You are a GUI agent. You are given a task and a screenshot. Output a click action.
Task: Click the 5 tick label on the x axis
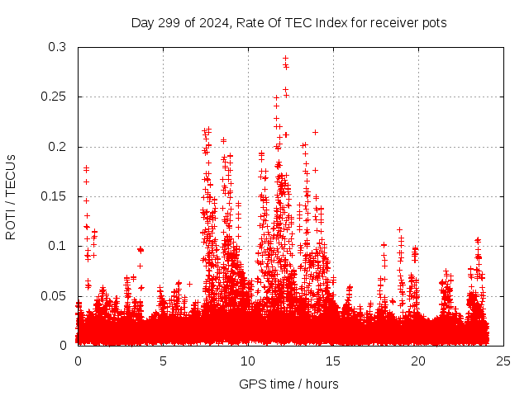[x=163, y=361]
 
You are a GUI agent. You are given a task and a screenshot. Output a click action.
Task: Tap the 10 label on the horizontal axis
[x=248, y=361]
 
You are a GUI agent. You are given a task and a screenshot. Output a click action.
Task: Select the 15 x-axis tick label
[x=333, y=361]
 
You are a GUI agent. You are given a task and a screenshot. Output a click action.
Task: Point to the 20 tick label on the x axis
[x=417, y=361]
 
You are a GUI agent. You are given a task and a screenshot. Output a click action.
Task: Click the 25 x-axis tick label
[x=503, y=361]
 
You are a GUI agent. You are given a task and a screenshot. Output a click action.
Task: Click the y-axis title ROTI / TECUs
[x=11, y=196]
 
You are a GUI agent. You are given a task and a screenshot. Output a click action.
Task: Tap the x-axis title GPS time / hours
[x=288, y=384]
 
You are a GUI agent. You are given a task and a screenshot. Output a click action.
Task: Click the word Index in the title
[x=327, y=23]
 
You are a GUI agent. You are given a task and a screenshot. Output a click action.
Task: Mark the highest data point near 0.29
[x=285, y=59]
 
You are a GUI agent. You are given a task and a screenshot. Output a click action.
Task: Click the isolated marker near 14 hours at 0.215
[x=315, y=132]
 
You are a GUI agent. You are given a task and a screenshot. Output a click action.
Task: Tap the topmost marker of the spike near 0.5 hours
[x=86, y=167]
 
